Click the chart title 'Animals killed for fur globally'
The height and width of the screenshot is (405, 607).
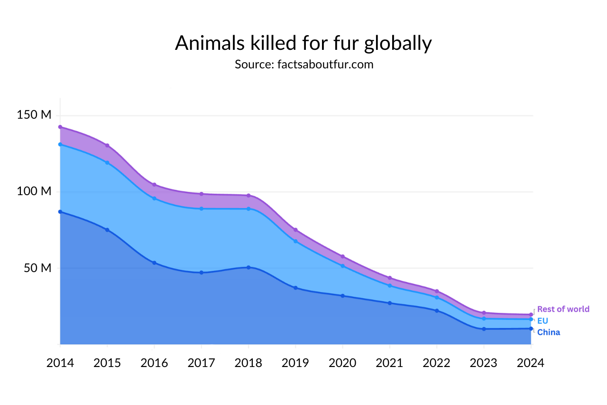(303, 43)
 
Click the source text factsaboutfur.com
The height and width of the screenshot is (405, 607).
(304, 64)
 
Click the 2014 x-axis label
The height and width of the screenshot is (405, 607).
(60, 363)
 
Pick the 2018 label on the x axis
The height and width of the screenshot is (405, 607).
(248, 363)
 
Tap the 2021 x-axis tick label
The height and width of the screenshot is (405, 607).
(389, 363)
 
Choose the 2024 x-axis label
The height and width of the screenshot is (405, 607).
(531, 363)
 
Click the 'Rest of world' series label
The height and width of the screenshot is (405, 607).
(563, 309)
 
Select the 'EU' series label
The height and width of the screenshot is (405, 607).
(543, 321)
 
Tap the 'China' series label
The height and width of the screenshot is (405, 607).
(549, 332)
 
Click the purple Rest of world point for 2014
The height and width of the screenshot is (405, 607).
(60, 127)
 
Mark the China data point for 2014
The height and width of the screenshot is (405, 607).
(60, 212)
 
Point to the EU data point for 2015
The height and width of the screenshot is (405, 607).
(107, 162)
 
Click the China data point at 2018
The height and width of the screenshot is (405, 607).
(248, 267)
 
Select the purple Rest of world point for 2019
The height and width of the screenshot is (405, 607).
(295, 230)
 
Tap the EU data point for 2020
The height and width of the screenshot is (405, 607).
(342, 266)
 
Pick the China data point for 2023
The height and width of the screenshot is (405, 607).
(484, 329)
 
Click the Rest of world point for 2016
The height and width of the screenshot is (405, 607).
(154, 185)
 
